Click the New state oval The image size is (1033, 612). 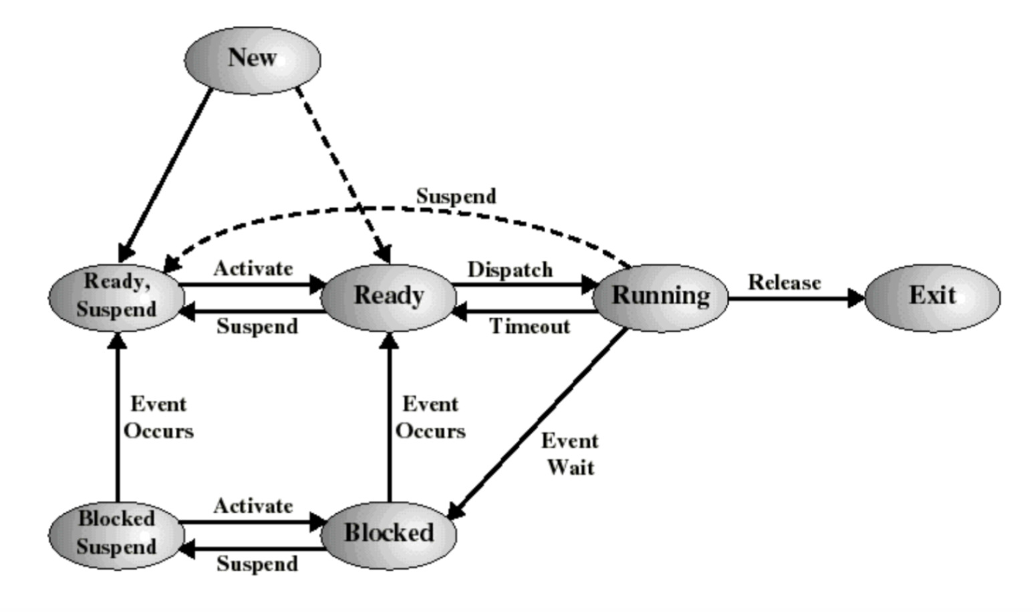click(x=253, y=60)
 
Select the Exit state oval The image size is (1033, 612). click(x=933, y=298)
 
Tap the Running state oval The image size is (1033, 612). click(x=660, y=298)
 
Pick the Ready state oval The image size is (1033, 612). click(x=389, y=298)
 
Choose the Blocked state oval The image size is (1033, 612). click(x=389, y=535)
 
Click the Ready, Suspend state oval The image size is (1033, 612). click(x=117, y=298)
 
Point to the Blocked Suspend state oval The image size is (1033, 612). click(x=117, y=535)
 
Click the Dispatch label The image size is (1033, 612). click(x=510, y=270)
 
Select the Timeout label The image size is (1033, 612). click(x=530, y=327)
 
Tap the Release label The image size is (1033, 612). click(x=784, y=282)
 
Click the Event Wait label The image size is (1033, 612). click(x=571, y=454)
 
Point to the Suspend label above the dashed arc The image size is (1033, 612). click(x=456, y=196)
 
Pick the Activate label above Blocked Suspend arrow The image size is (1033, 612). click(x=253, y=506)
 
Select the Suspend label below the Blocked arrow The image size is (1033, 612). click(x=257, y=564)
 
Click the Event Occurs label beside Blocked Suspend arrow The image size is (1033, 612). click(x=158, y=418)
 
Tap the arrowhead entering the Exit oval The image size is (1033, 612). click(x=857, y=298)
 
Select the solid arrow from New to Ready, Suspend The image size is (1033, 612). click(x=165, y=176)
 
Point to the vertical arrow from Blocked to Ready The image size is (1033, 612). click(x=390, y=417)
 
